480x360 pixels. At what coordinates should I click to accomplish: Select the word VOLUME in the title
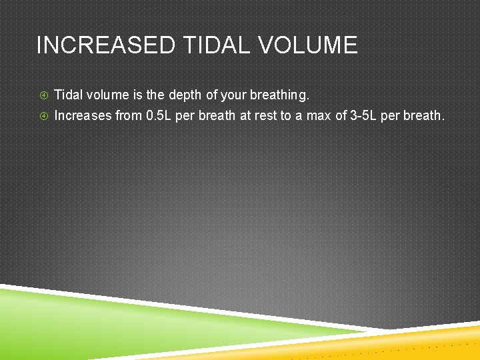point(309,45)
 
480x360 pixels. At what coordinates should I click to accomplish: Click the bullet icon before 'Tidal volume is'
point(43,96)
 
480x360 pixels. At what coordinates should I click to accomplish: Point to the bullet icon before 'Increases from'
point(43,116)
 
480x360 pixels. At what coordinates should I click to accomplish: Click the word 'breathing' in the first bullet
point(280,95)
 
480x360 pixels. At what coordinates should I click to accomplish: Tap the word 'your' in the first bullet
point(234,95)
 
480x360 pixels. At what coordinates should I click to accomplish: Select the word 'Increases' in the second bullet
point(83,115)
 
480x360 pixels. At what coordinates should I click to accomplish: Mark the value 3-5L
point(363,115)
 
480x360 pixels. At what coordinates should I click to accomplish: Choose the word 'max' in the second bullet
point(319,115)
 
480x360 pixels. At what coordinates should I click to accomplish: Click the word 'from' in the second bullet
point(129,115)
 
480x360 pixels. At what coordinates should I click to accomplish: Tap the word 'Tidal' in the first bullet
point(67,95)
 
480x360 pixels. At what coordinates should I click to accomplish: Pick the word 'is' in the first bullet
point(135,95)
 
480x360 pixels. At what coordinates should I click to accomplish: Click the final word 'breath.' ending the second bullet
point(423,115)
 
